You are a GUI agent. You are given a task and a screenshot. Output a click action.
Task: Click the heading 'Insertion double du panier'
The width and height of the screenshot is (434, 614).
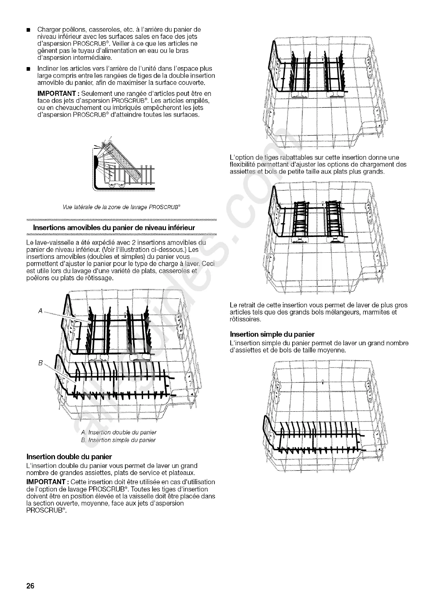[69, 456]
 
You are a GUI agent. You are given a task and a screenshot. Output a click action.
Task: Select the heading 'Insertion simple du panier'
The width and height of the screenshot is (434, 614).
[272, 334]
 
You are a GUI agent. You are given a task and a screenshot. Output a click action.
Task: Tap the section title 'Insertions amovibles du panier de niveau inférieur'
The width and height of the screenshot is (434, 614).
[114, 228]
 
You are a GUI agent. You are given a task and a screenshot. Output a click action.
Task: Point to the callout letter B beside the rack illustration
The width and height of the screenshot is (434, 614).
[40, 363]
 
